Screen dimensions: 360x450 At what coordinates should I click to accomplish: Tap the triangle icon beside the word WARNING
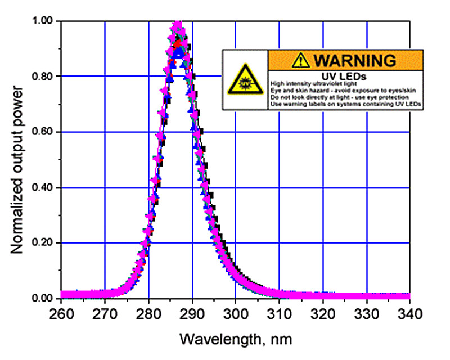(x=303, y=59)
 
